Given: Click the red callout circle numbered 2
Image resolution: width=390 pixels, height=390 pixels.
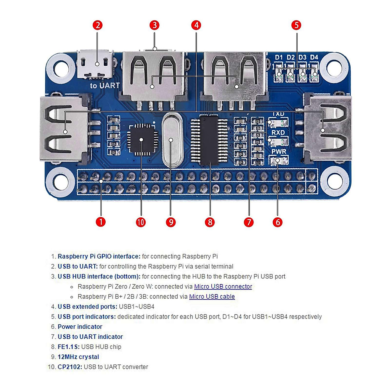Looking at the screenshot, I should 97,25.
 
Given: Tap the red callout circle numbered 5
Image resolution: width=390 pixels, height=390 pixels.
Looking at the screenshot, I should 296,25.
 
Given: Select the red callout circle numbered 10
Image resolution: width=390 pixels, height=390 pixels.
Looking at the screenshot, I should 141,222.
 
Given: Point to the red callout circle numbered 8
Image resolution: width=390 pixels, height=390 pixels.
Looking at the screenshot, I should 210,222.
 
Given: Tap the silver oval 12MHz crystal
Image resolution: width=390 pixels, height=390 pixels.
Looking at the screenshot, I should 171,140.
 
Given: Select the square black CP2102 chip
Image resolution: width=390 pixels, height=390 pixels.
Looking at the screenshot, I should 141,139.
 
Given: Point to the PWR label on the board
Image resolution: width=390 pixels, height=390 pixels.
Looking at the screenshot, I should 279,151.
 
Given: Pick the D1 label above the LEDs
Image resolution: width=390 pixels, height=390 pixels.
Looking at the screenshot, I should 279,58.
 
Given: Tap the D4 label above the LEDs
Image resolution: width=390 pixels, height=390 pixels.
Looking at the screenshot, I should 314,58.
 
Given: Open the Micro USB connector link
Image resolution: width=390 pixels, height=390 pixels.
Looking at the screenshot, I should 223,287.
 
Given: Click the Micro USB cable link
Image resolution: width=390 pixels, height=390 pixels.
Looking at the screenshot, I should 212,297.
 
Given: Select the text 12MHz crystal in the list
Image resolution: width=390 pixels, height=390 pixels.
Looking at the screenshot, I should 78,357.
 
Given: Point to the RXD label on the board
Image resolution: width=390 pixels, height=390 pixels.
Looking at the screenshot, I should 278,133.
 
